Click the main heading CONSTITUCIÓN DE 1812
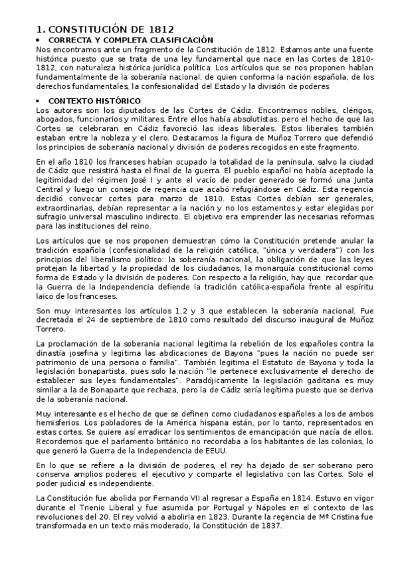(106, 29)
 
